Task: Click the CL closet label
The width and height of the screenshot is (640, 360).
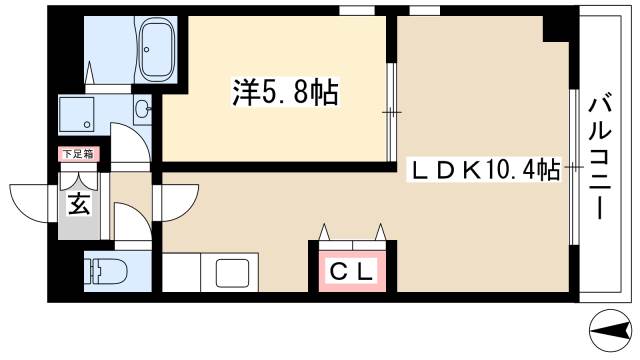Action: tap(352, 271)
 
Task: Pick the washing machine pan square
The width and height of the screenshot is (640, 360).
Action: tap(79, 114)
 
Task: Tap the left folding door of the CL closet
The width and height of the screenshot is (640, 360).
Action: tap(329, 232)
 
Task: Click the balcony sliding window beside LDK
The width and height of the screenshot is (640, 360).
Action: tap(572, 170)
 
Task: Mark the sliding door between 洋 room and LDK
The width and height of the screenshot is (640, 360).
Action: tap(391, 110)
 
